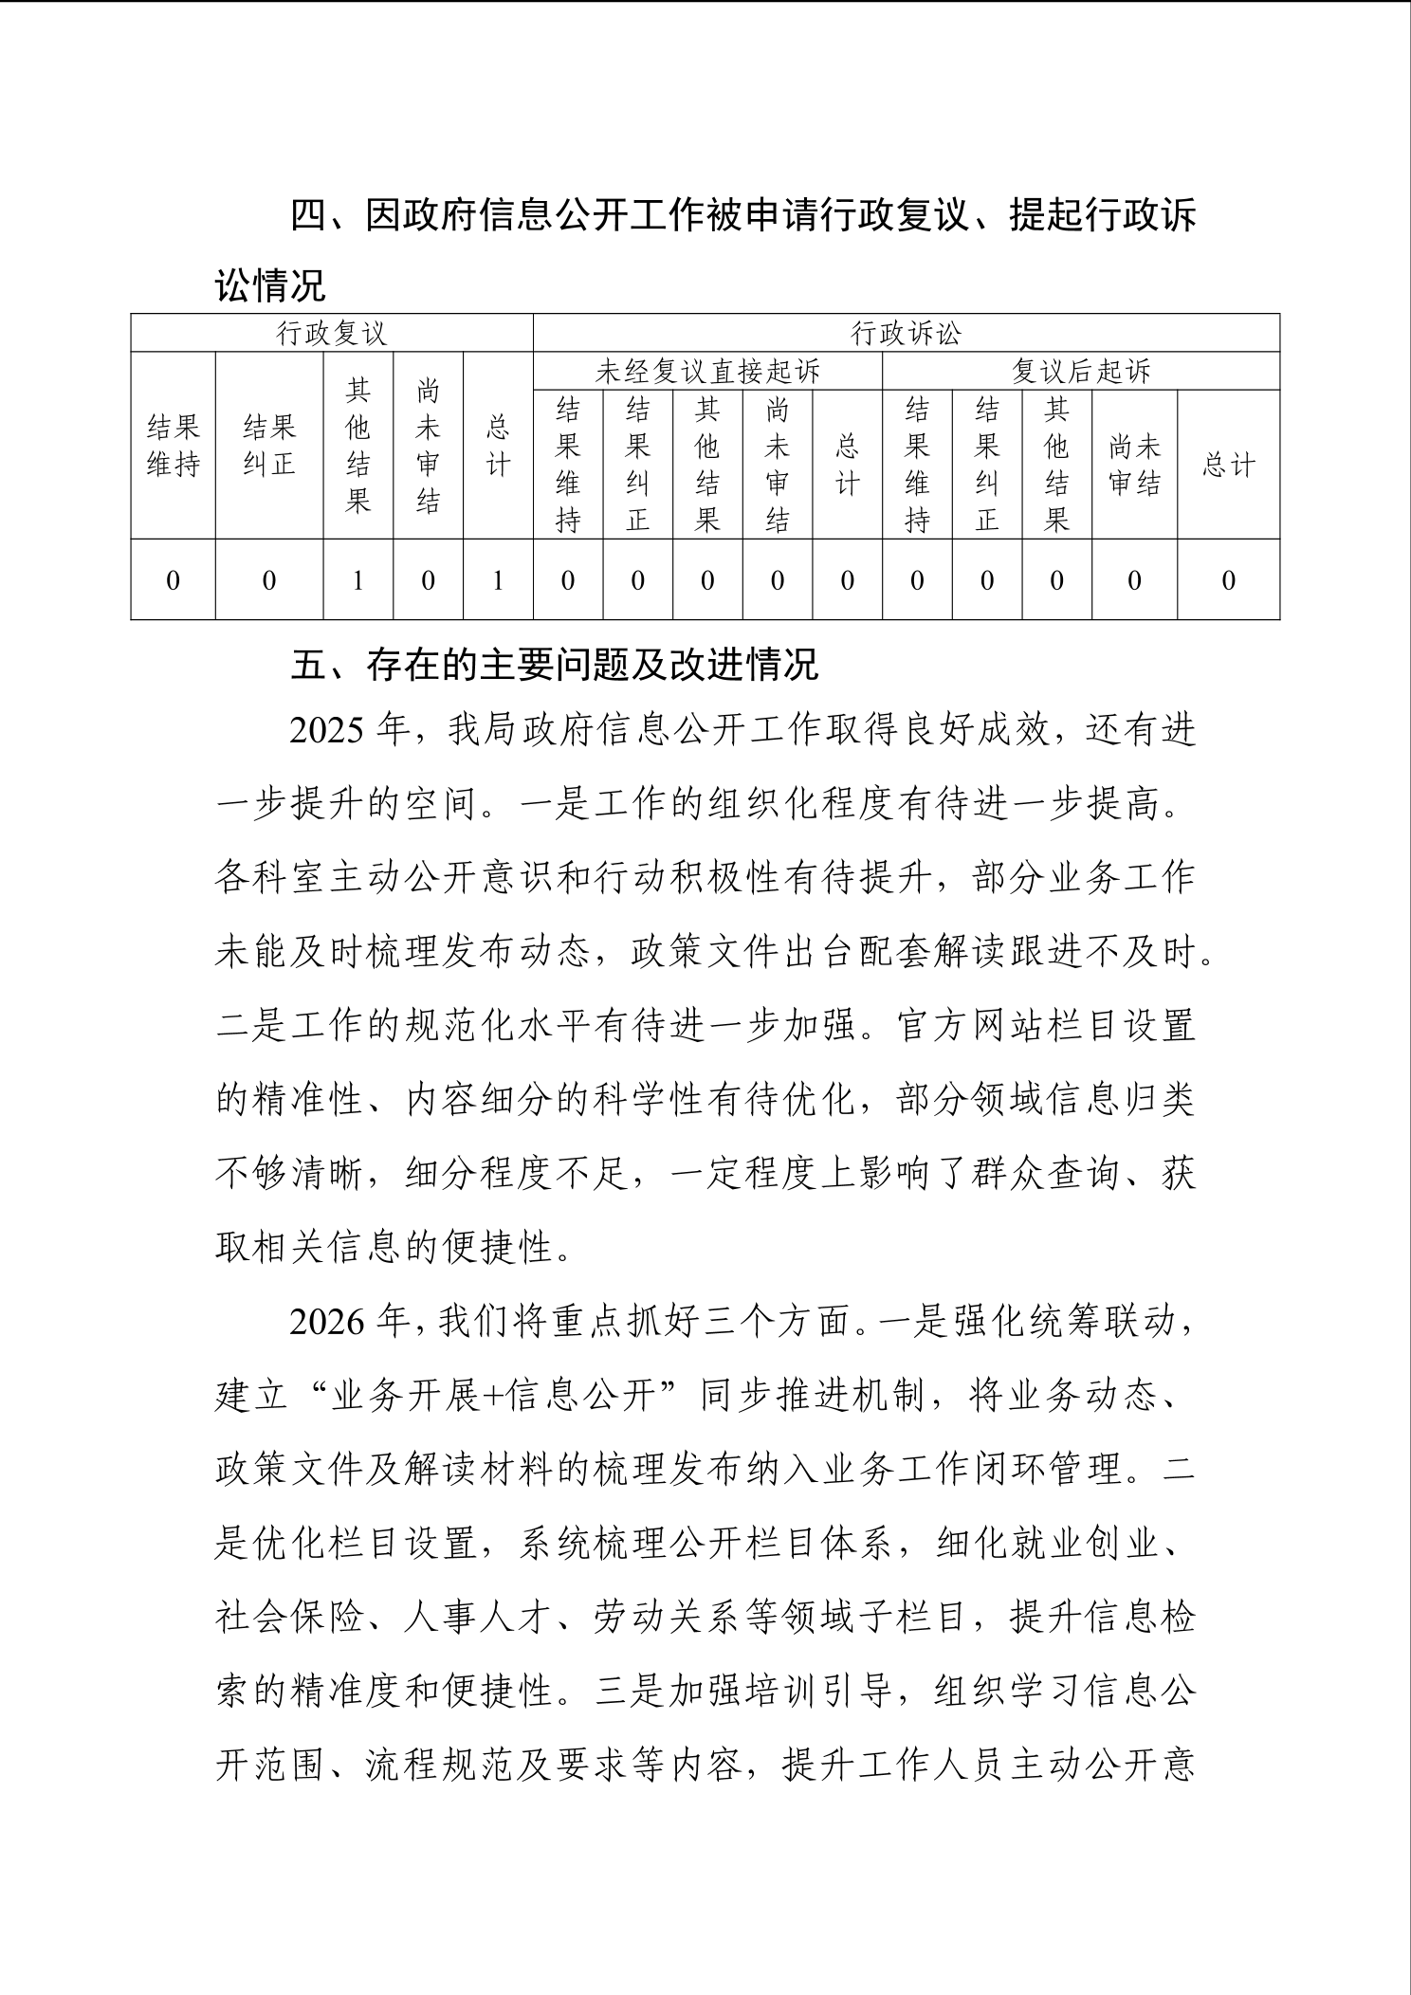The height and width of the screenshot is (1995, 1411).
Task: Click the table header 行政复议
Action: tap(331, 334)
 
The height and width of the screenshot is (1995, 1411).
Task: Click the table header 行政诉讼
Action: tap(906, 334)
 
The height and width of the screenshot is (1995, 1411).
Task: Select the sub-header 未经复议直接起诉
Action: tap(707, 372)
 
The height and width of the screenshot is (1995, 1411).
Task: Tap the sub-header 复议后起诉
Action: tap(1081, 372)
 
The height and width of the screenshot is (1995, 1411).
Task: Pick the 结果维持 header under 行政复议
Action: tap(173, 447)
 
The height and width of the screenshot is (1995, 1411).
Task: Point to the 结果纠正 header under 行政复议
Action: tap(269, 447)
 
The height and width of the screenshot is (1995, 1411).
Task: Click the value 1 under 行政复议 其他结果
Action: tap(357, 580)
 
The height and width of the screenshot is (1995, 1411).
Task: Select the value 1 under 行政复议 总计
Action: tap(498, 580)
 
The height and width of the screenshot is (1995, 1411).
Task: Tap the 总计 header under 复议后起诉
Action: tap(1228, 466)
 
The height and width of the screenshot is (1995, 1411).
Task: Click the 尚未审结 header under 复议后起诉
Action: tap(1134, 466)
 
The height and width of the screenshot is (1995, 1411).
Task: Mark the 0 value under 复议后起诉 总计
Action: tap(1228, 580)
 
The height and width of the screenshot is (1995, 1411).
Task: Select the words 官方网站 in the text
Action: tap(970, 1027)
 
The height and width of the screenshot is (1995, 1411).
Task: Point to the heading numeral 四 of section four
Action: tap(308, 216)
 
